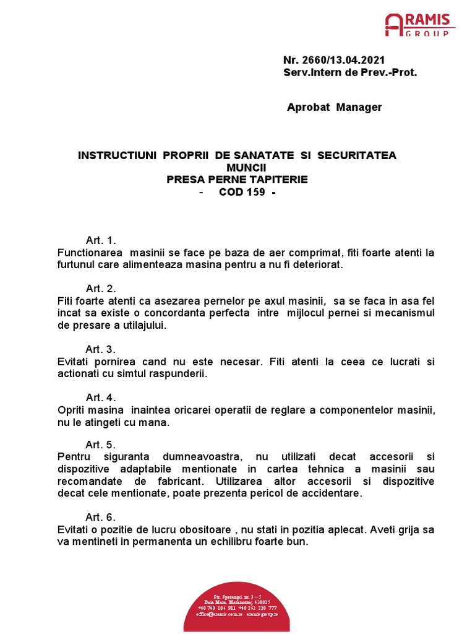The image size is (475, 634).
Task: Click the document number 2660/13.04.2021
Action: (x=334, y=60)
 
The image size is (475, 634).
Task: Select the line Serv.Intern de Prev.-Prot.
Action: (x=350, y=72)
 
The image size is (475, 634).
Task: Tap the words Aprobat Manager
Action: (x=334, y=108)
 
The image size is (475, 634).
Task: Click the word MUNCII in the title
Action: (x=237, y=167)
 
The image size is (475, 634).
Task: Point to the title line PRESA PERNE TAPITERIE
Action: (x=237, y=180)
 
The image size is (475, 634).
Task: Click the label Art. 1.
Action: (x=101, y=240)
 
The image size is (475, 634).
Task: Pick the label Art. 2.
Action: (x=101, y=289)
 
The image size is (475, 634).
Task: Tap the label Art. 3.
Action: (x=101, y=349)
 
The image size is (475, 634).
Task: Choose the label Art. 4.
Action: (x=101, y=397)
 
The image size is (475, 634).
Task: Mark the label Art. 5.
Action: (x=101, y=445)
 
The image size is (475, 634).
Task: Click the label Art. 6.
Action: (x=101, y=517)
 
